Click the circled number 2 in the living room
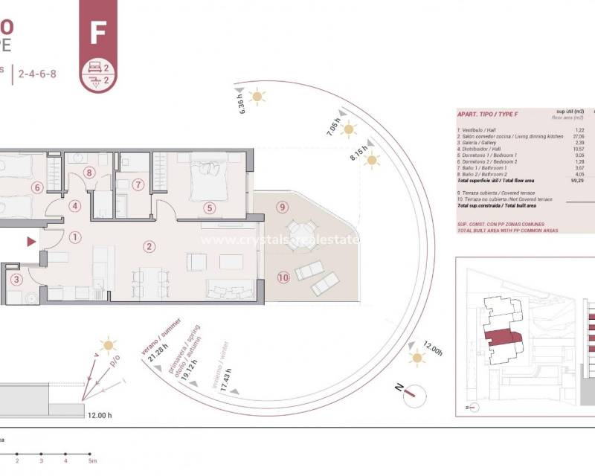click(x=149, y=246)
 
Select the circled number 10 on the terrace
click(x=283, y=277)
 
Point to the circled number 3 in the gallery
click(x=17, y=280)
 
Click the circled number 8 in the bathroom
click(x=90, y=173)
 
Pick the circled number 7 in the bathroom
click(x=138, y=184)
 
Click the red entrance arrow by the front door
click(x=30, y=242)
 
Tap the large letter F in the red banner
click(x=97, y=33)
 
